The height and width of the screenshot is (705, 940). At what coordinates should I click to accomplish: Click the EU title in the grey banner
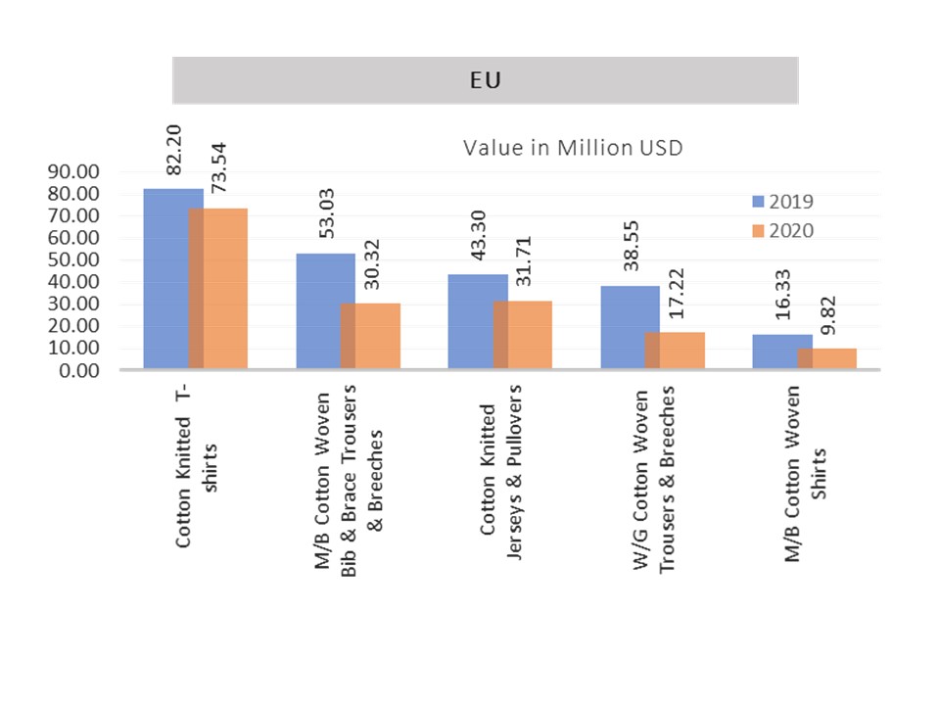(x=486, y=80)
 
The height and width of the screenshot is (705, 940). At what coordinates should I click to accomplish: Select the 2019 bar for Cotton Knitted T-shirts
(x=166, y=279)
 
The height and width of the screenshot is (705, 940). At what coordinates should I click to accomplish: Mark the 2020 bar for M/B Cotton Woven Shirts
(x=833, y=358)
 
